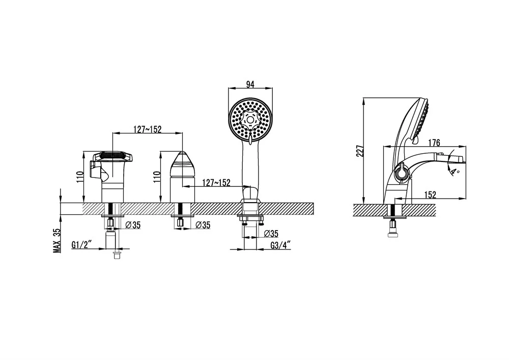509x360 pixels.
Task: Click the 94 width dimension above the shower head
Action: coord(250,85)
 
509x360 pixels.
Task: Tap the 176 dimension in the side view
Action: coord(434,143)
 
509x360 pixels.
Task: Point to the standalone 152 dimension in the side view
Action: coord(430,195)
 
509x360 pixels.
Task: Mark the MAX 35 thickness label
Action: coord(57,240)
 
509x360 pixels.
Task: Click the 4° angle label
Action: coord(454,171)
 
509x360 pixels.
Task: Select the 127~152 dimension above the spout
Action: coord(148,129)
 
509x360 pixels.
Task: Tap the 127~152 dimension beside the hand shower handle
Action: coord(216,183)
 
